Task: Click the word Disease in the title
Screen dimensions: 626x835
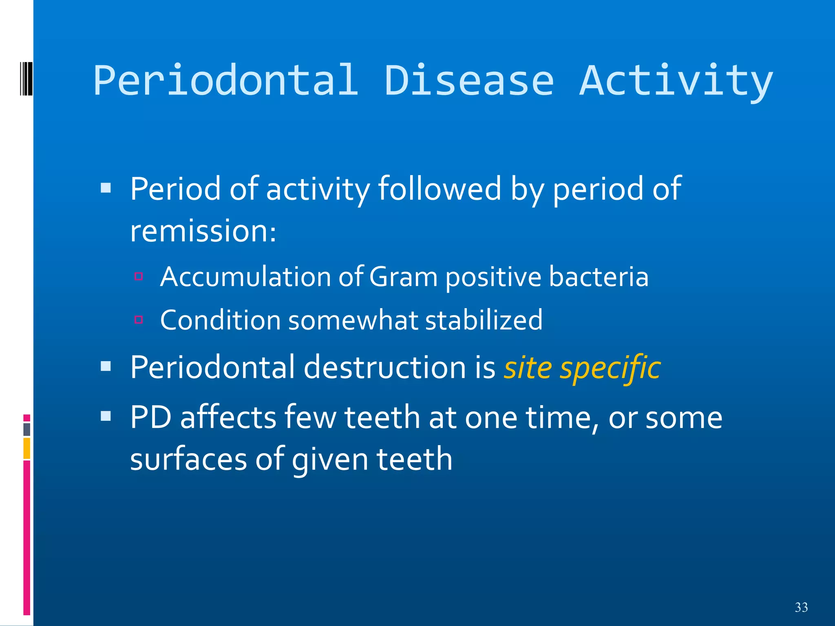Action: (469, 80)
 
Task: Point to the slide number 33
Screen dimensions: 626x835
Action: (801, 607)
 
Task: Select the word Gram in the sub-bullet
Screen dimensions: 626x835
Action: (403, 277)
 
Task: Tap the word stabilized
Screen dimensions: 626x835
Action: (484, 320)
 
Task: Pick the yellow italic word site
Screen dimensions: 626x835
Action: (528, 368)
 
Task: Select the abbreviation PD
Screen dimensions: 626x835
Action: (150, 417)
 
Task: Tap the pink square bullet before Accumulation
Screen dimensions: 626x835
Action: (139, 276)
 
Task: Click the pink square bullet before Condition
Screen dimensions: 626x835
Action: (139, 320)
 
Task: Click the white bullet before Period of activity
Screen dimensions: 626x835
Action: (106, 187)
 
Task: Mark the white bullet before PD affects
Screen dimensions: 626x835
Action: (106, 416)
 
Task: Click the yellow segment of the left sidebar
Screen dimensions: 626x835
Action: (27, 448)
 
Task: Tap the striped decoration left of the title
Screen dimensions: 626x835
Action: (26, 78)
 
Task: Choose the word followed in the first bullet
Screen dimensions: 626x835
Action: (439, 189)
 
